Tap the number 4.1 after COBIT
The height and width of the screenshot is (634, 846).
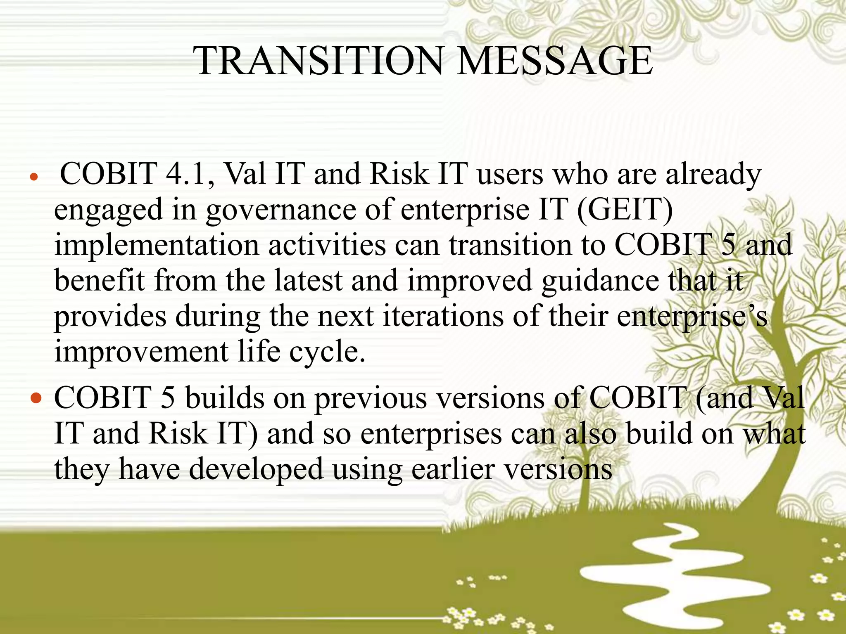point(190,174)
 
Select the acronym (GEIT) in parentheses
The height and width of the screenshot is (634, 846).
point(625,209)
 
